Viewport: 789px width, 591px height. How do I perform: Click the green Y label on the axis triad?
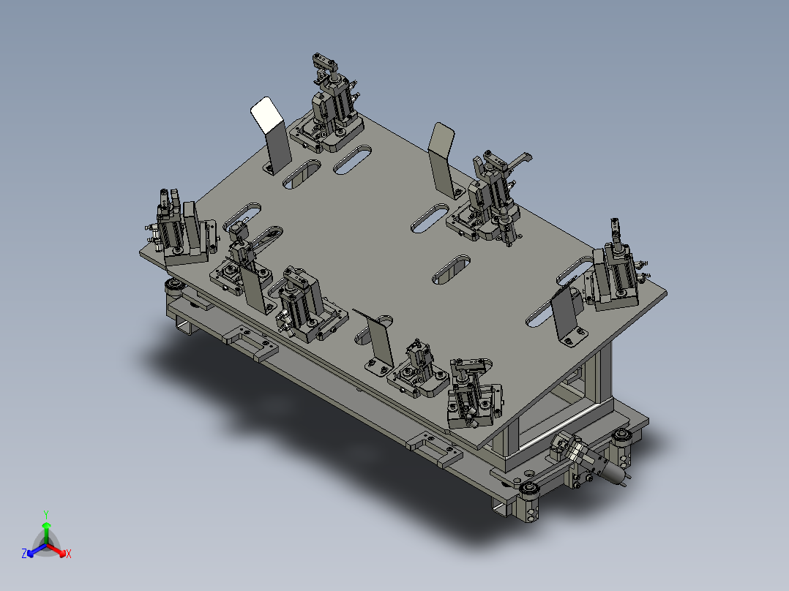[46, 513]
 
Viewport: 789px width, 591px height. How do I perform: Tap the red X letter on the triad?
[68, 554]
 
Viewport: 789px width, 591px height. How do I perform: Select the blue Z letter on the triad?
[24, 554]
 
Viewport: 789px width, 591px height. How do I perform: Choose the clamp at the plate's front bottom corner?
[472, 397]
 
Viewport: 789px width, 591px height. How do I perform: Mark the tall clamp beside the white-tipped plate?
[331, 106]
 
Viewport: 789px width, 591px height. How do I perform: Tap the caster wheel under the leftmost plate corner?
[174, 286]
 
